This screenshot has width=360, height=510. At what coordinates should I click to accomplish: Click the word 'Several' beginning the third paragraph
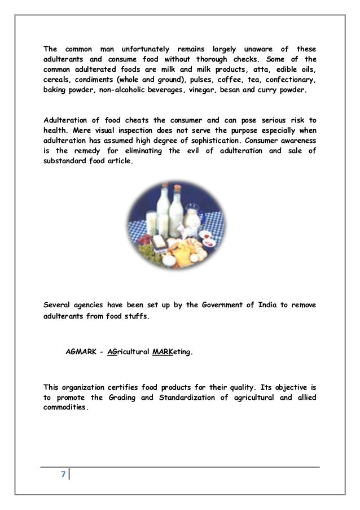pos(59,306)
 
